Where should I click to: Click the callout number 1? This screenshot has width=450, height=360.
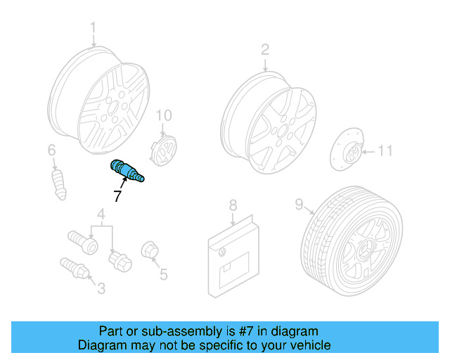[x=93, y=29]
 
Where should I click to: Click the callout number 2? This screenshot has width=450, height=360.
[x=265, y=49]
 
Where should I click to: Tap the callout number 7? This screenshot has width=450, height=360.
[x=117, y=198]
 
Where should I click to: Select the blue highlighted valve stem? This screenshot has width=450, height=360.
[x=127, y=172]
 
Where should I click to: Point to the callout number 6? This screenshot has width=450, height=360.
[x=51, y=150]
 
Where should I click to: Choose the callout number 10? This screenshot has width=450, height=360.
[x=163, y=115]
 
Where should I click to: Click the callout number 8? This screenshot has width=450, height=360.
[x=233, y=205]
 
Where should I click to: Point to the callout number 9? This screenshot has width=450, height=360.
[x=299, y=205]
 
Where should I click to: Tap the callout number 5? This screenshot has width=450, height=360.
[x=164, y=274]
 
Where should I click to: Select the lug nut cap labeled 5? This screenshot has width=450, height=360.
[x=149, y=250]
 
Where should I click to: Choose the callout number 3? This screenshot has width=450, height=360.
[x=101, y=287]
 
